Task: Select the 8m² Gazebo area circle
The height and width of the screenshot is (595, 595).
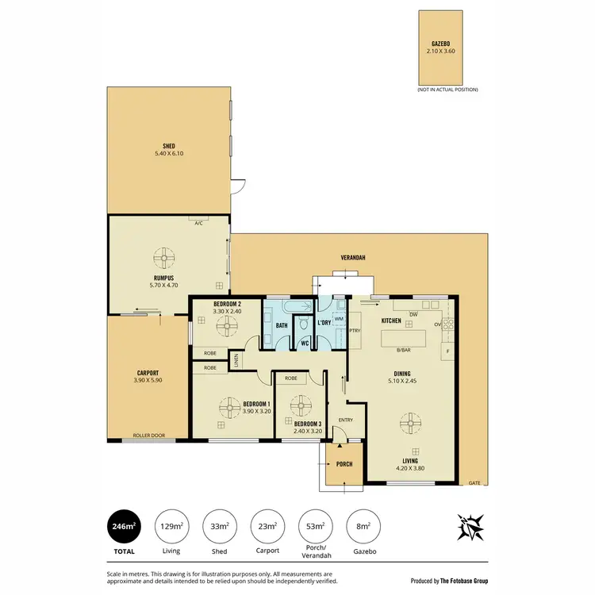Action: pos(363,526)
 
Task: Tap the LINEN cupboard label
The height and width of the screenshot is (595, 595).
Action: pos(236,361)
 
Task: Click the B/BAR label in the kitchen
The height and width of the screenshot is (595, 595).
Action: pos(403,350)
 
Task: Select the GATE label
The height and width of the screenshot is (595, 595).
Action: pos(474,483)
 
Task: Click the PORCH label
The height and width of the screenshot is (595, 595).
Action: pos(344,464)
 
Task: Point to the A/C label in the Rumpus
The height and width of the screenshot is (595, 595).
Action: pos(199,223)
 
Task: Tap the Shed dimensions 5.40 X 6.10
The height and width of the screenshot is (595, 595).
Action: pos(168,152)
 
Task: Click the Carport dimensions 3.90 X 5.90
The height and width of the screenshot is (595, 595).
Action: pos(148,380)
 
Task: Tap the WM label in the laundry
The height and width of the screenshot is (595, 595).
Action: pos(339,319)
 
